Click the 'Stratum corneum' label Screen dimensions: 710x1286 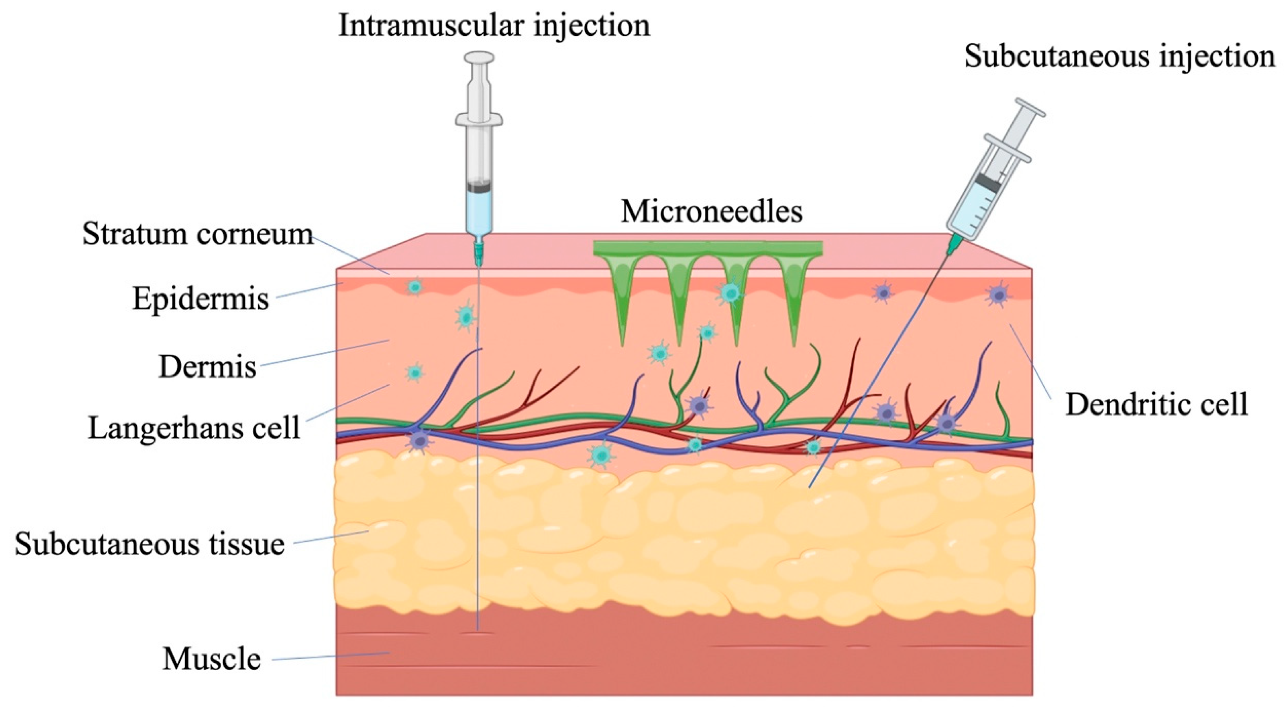(x=198, y=234)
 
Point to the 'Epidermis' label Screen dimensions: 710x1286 (x=200, y=299)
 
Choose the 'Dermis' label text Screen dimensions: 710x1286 (x=207, y=367)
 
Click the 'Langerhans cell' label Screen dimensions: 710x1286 (x=194, y=428)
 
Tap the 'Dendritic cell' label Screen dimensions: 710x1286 (x=1156, y=404)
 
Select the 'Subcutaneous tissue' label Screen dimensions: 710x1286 (x=149, y=544)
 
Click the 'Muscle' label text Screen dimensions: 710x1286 (x=212, y=659)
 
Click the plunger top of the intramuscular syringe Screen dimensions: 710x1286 (x=479, y=58)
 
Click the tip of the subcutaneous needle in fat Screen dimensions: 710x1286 (x=810, y=486)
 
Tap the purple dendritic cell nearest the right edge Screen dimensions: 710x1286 (x=998, y=295)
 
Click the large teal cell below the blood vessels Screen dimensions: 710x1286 (x=601, y=454)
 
